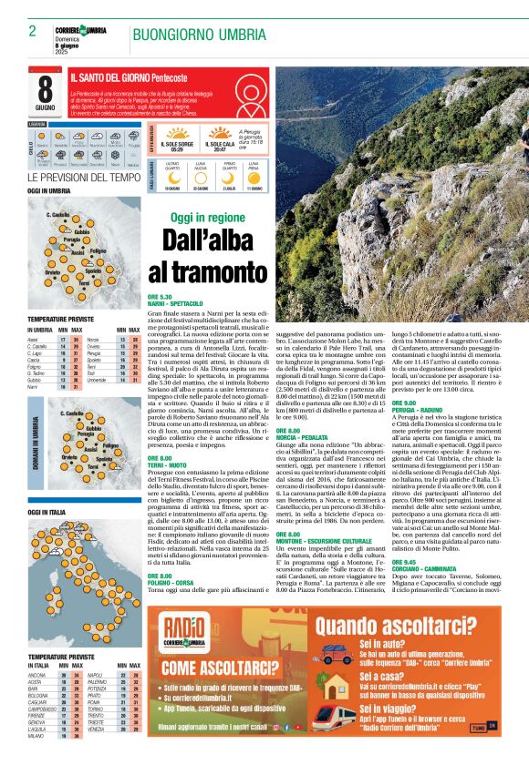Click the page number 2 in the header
point(32,30)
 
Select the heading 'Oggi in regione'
point(208,219)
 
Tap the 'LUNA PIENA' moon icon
point(254,177)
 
